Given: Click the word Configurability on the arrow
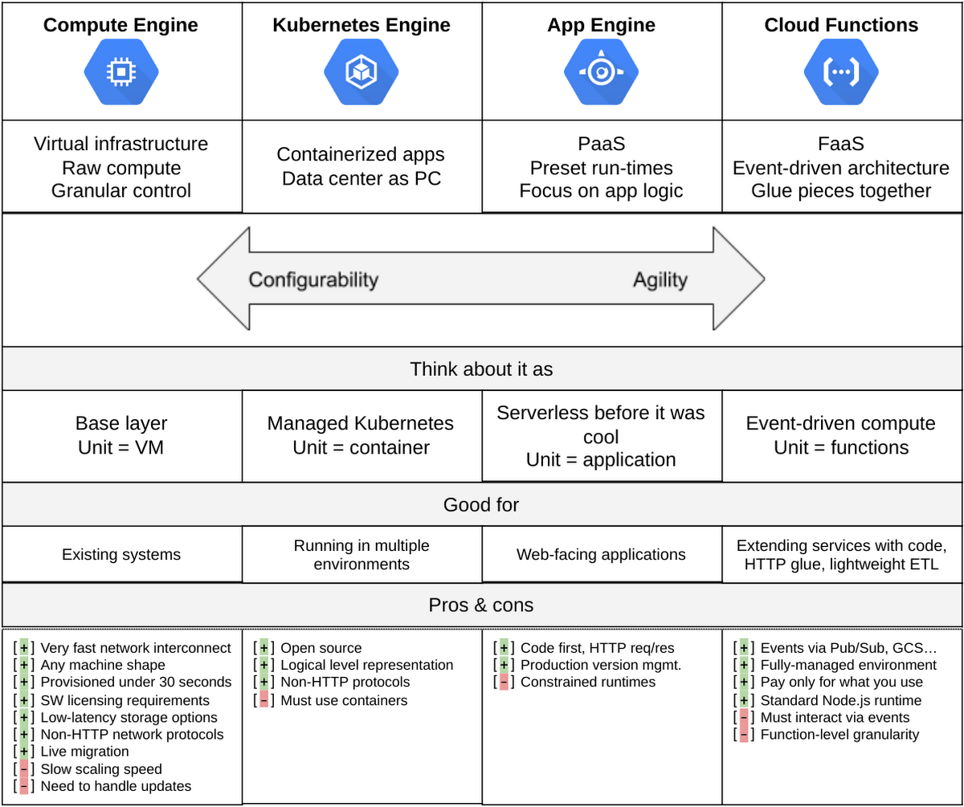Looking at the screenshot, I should coord(313,279).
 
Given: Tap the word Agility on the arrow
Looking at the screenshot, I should coord(660,280).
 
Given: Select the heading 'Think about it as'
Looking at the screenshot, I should coord(481,369).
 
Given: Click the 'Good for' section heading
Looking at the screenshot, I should coord(481,505).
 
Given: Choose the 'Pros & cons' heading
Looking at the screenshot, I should coord(481,605).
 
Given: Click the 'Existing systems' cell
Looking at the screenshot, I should coord(121,555).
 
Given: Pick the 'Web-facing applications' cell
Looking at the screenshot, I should coord(601,555).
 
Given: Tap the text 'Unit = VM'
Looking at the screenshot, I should coord(121,447).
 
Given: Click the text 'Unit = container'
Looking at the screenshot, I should coord(361,447).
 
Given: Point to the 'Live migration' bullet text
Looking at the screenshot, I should coord(84,752).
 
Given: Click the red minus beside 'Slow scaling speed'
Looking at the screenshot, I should coord(24,769).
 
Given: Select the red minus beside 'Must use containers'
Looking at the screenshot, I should coord(263,700).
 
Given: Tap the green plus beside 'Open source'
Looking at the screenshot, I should coord(263,648).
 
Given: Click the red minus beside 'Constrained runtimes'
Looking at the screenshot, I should coord(504,683).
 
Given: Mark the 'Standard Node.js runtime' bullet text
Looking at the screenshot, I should coord(841,700).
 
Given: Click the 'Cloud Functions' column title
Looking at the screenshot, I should coord(841,25).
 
